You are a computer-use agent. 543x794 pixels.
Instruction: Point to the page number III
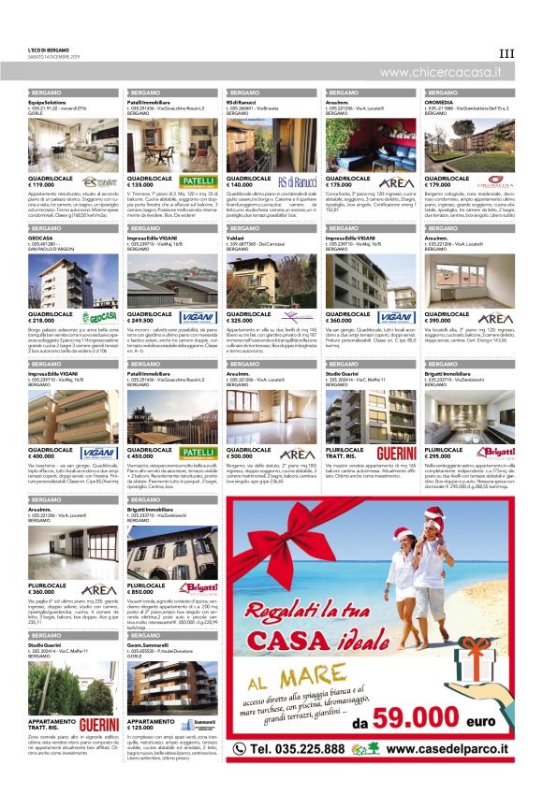[x=506, y=53]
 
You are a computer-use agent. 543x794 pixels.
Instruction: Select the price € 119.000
[x=48, y=185]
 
